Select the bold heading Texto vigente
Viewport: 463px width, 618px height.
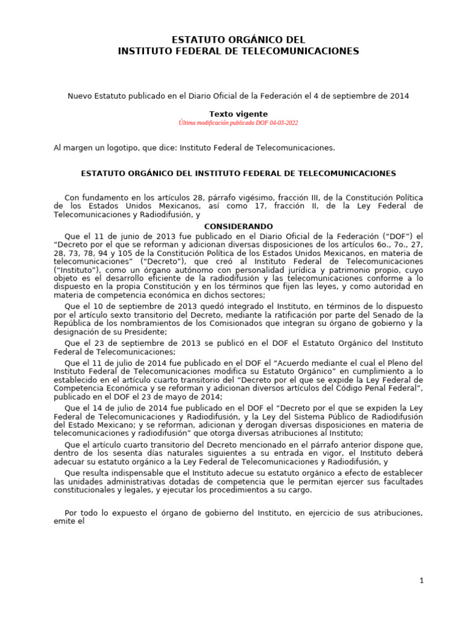tap(238, 113)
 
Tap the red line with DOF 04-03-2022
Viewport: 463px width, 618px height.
tap(238, 123)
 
